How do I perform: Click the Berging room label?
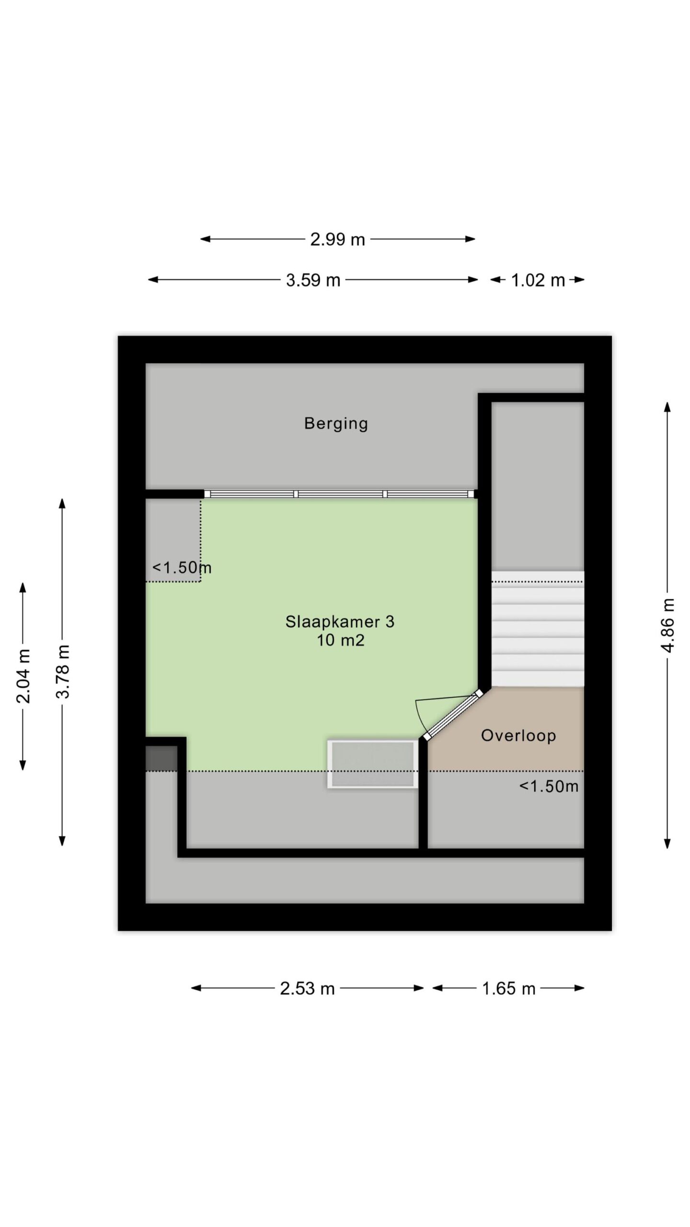[336, 424]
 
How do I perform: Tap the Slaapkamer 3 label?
[340, 622]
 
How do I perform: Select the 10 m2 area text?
[340, 640]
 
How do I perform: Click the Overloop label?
[518, 735]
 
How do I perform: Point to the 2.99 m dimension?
[337, 239]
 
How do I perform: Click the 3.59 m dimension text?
[313, 280]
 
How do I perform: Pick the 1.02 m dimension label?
[538, 280]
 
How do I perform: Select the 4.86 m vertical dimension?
[668, 625]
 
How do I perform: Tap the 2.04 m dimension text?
[23, 676]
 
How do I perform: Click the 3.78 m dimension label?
[63, 671]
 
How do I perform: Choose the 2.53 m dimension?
[307, 988]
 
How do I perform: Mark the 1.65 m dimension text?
[508, 988]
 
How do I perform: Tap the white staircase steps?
[538, 628]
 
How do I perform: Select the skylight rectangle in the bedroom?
[372, 764]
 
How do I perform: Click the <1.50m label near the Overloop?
[549, 787]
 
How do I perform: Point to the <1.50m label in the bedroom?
[182, 568]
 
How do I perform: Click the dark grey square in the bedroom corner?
[161, 758]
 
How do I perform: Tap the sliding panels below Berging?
[339, 494]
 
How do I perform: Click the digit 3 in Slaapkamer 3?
[390, 622]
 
